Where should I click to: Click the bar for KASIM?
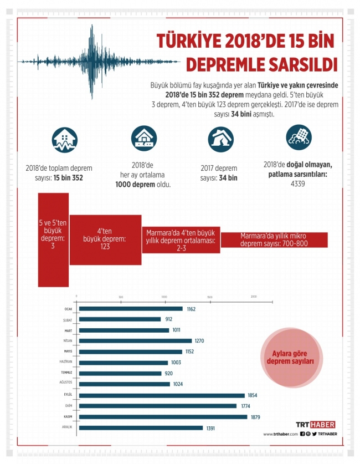tap(163, 417)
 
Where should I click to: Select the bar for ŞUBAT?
tap(120, 319)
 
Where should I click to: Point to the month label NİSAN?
tap(68, 341)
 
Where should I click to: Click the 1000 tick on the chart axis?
tap(164, 297)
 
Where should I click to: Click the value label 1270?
tap(200, 341)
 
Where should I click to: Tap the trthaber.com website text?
tap(280, 435)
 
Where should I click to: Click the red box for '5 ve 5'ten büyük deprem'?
tap(53, 239)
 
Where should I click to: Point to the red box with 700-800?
tap(274, 239)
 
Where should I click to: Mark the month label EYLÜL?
tap(68, 395)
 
